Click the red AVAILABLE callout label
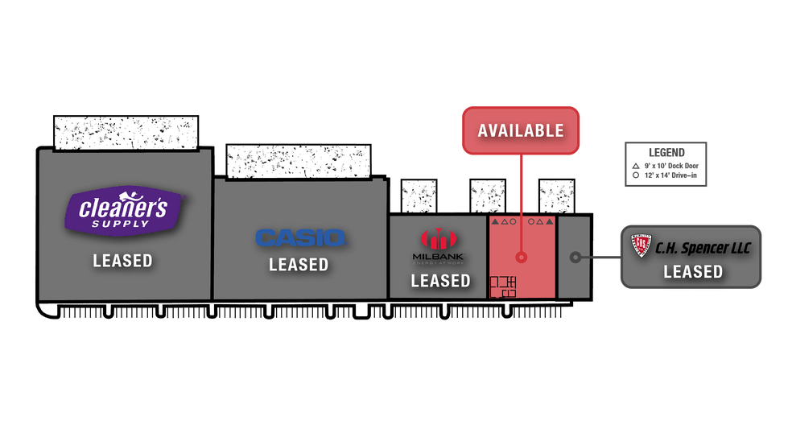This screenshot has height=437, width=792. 520,130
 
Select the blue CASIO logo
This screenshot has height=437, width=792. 299,237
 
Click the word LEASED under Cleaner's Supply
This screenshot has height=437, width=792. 122,261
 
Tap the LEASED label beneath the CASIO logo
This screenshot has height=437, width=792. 299,265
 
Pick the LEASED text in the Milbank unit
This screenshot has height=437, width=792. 440,281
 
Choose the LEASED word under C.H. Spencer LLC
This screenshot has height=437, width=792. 693,272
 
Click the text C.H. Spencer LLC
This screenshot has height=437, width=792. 703,248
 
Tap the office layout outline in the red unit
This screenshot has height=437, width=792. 503,287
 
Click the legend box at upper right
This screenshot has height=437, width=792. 665,164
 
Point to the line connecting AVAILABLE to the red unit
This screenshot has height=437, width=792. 521,185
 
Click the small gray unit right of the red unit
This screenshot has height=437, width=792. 574,257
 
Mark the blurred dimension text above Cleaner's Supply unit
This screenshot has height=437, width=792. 126,134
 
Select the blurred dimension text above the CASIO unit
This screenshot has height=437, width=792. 299,162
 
